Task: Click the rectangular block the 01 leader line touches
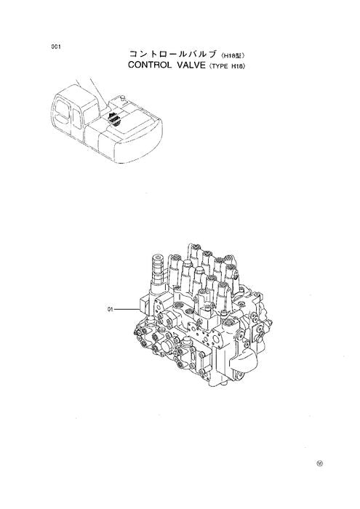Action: pyautogui.click(x=141, y=307)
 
